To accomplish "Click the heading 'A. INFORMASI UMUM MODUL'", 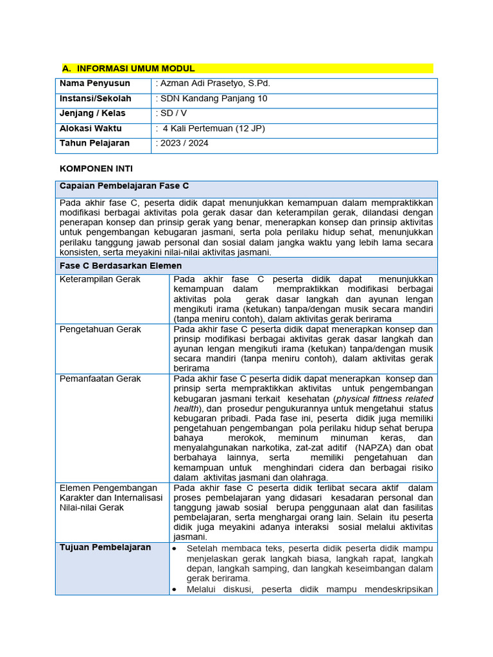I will pos(128,69).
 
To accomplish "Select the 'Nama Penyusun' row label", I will pos(95,83).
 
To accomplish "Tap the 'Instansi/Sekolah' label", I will pos(96,99).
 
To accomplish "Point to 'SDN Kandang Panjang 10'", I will pos(214,99).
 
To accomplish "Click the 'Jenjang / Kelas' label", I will pos(92,114).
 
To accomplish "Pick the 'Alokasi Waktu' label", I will pos(91,128).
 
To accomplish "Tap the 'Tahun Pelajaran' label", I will pos(94,143).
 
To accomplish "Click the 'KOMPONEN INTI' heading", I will pos(96,169).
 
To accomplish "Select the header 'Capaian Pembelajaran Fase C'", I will pos(124,186).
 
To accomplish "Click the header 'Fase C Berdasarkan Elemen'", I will pos(121,265).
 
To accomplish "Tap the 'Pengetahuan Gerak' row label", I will pos(100,329).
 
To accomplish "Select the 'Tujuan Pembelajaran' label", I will pos(105,547).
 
